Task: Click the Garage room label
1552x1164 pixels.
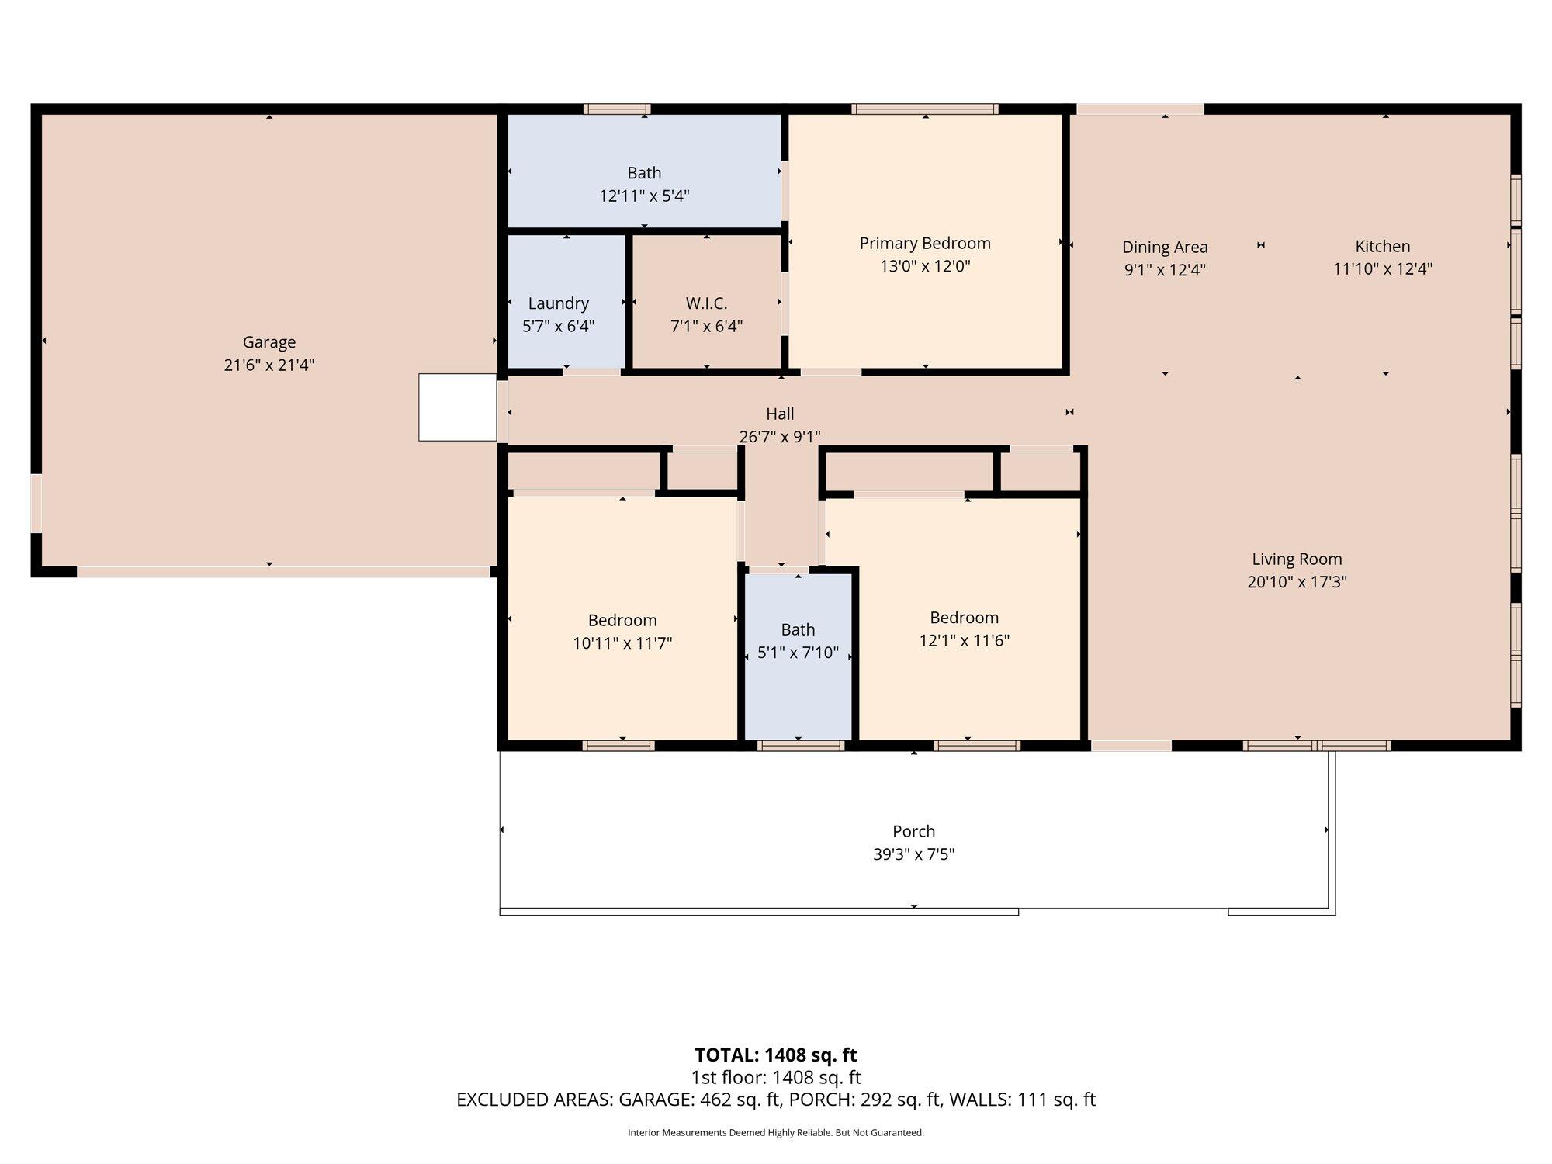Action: coord(269,342)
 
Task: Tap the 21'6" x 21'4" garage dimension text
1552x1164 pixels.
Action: coord(269,365)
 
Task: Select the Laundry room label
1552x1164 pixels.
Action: coord(559,303)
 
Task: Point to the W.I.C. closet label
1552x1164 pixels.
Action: coord(706,303)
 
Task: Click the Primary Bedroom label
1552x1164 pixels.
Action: coord(925,244)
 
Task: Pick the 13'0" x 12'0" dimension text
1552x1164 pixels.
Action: coord(925,266)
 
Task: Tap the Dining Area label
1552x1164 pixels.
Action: coord(1165,248)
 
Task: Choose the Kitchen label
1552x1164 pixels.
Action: coord(1383,246)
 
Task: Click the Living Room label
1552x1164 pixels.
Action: coord(1297,559)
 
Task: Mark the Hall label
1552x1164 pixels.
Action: coord(780,414)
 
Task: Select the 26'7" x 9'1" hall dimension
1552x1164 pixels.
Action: coord(780,437)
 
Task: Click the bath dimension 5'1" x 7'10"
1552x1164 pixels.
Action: coord(799,653)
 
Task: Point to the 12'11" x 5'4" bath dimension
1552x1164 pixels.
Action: coord(644,196)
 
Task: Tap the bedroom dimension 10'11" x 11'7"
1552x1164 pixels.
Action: coord(622,643)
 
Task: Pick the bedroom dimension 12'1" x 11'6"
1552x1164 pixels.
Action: coord(965,641)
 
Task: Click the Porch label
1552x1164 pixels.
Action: coord(914,832)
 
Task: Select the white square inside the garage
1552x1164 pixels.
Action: coord(458,407)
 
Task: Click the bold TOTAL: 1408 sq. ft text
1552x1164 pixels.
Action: coord(776,1055)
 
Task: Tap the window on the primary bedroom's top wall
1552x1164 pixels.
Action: coord(924,109)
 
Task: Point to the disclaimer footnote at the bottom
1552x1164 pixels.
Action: coord(776,1133)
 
